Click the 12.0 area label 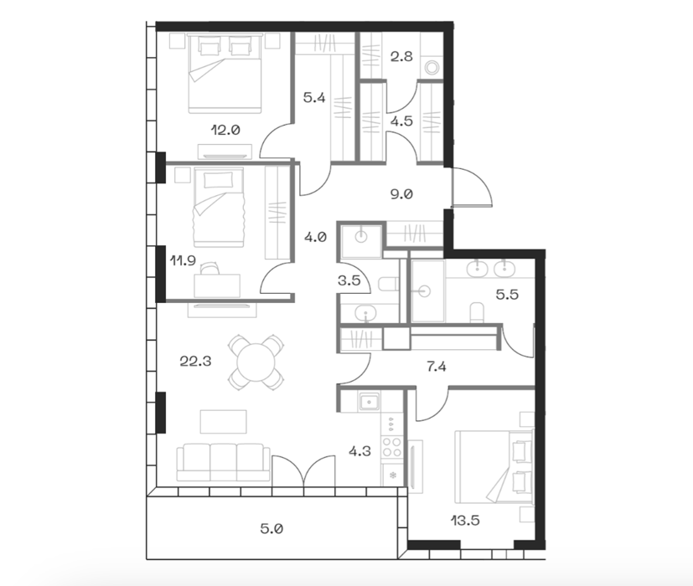[x=225, y=131]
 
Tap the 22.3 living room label [x=195, y=362]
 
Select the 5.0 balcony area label [x=272, y=528]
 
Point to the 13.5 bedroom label [x=465, y=521]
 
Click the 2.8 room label [x=401, y=57]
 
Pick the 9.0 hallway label [x=401, y=194]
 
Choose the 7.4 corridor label [x=437, y=367]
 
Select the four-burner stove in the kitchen [x=391, y=447]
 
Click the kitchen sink [x=368, y=403]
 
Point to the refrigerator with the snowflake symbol [x=391, y=475]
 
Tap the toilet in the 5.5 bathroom [x=477, y=311]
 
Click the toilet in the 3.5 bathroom [x=389, y=284]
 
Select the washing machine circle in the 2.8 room [x=432, y=68]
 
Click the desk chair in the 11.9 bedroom [x=209, y=269]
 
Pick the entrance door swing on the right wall [x=472, y=188]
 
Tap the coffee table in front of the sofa [x=223, y=422]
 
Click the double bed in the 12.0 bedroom [x=225, y=75]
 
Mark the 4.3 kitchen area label [x=359, y=451]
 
